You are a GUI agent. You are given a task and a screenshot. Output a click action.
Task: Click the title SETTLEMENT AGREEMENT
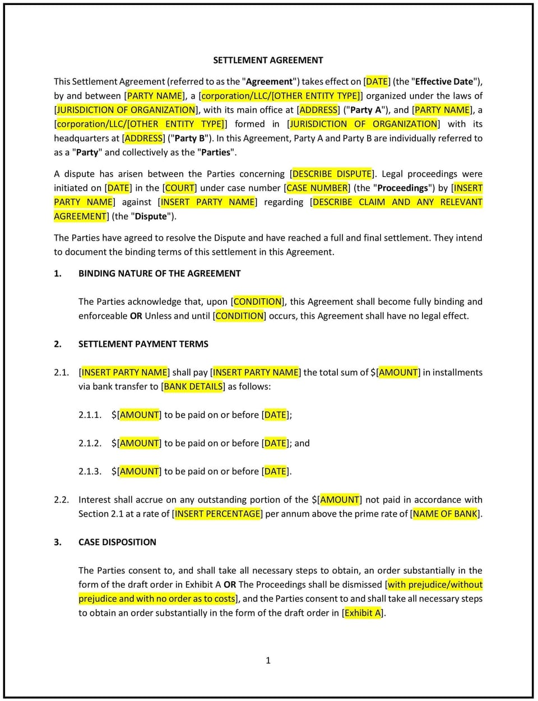268,60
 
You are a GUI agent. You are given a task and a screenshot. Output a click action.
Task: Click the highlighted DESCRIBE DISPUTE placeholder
332,174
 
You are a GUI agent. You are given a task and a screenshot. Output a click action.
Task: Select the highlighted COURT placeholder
180,188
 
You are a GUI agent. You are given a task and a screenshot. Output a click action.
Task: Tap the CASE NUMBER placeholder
317,188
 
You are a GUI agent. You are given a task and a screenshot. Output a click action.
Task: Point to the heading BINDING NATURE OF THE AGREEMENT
159,273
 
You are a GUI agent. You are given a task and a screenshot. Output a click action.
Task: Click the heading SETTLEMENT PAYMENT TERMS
143,344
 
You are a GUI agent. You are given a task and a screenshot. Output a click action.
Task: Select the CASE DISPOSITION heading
117,542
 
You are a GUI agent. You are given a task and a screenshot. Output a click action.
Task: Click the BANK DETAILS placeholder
193,386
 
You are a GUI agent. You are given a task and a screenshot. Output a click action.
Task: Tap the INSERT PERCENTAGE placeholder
217,513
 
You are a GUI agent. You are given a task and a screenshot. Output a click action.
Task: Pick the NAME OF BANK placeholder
446,513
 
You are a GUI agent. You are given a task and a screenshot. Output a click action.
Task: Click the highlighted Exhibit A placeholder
363,612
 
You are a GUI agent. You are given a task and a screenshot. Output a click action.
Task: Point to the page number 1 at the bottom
268,660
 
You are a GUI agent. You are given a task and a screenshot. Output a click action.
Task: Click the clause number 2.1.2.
90,443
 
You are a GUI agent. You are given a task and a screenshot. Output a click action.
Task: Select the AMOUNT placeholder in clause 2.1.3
140,471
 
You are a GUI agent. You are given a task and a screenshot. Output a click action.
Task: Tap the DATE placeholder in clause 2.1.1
275,415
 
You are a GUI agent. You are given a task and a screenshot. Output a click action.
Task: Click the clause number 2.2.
61,499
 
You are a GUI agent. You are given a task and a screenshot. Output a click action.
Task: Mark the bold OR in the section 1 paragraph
136,315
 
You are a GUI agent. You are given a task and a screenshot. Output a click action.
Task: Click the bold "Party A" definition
365,110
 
